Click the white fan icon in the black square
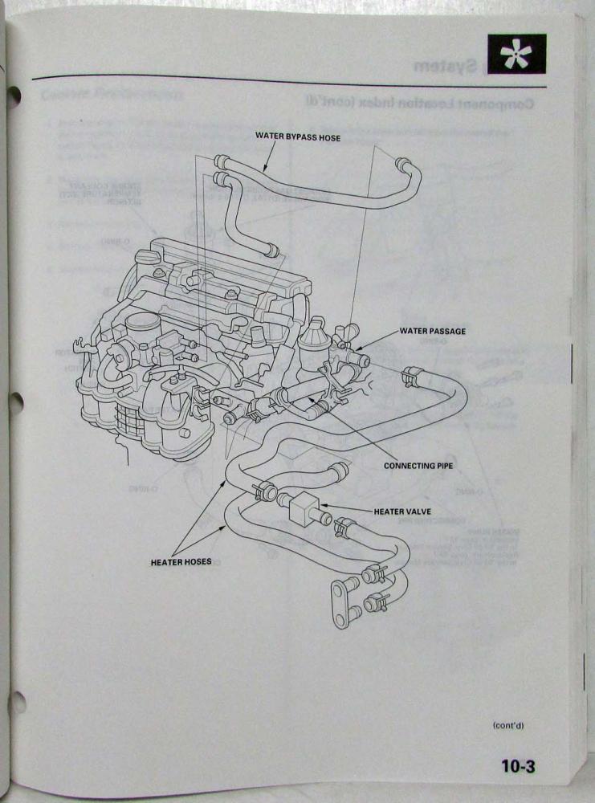516,55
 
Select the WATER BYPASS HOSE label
298,137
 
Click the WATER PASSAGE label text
432,331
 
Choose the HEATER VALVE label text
402,510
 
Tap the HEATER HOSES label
181,561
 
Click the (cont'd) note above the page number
508,725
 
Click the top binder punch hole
11,98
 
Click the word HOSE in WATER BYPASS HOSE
327,137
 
